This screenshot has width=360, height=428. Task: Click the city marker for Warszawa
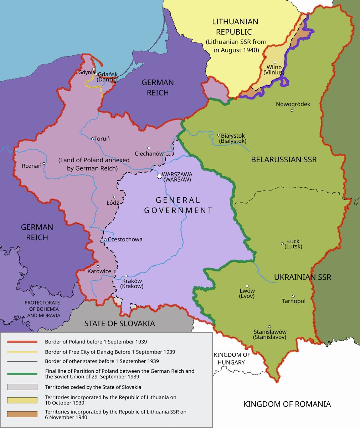(x=159, y=176)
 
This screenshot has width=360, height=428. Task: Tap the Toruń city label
(x=102, y=139)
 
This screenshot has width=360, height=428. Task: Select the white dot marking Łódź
(x=115, y=197)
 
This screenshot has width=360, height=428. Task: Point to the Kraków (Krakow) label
(x=132, y=284)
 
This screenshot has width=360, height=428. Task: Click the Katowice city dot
(x=98, y=266)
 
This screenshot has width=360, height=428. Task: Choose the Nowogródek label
(x=293, y=104)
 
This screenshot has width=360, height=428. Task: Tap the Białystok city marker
(x=218, y=135)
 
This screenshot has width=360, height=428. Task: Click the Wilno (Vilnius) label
(x=274, y=70)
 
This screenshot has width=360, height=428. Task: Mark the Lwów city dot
(x=247, y=286)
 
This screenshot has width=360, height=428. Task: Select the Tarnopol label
(x=294, y=301)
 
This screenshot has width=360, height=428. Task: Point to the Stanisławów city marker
(x=269, y=326)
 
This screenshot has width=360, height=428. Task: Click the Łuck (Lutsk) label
(x=293, y=244)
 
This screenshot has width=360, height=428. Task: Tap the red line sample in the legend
(x=22, y=342)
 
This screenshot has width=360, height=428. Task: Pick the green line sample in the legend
(x=22, y=373)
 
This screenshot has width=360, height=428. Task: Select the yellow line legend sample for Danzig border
(x=22, y=352)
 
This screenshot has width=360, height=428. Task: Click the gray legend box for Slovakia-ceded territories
(x=22, y=387)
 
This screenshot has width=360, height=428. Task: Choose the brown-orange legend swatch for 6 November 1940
(x=22, y=414)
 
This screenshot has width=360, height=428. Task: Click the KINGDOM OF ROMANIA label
(x=287, y=404)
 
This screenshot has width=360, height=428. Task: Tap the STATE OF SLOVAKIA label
(x=119, y=323)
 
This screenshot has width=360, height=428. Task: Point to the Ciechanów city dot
(x=149, y=148)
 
